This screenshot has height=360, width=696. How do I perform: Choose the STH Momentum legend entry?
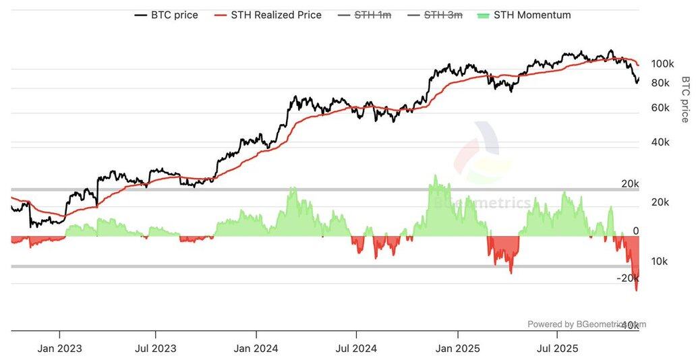pos(532,15)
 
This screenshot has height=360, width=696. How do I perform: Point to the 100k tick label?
pos(662,63)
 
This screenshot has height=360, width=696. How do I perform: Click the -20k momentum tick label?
pos(627,278)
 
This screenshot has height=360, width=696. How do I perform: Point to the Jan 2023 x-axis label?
pos(60,349)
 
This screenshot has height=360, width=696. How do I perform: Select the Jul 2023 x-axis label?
pos(156,349)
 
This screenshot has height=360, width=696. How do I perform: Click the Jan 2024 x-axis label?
pos(256,349)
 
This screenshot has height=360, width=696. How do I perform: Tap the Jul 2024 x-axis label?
pos(357,349)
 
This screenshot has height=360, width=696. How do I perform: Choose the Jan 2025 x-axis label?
pos(458,349)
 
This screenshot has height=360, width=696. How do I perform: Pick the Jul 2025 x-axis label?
pos(557,349)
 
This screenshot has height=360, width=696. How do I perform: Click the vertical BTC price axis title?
pos(685,99)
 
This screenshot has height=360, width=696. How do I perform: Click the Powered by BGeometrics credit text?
pos(585,324)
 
